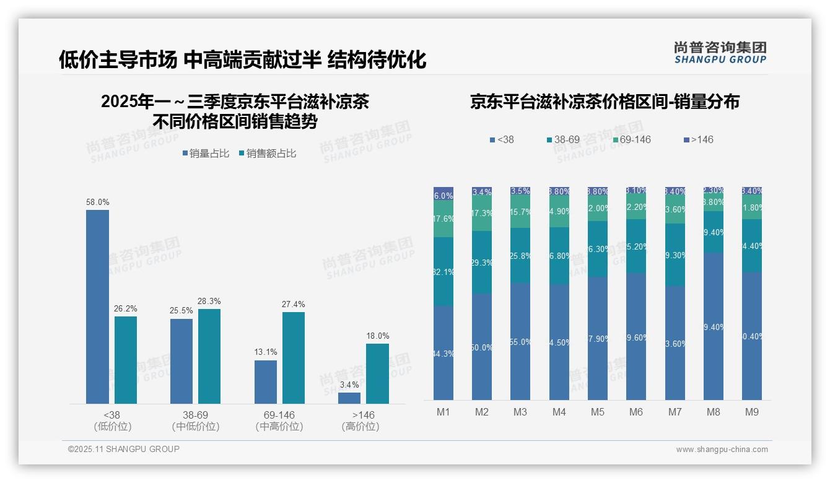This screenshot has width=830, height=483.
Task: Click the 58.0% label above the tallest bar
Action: coord(97,202)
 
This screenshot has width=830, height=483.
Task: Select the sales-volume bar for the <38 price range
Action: coord(97,307)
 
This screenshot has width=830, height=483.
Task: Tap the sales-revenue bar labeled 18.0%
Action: coord(377,373)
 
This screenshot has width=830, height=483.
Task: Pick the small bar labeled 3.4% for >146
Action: coord(349,398)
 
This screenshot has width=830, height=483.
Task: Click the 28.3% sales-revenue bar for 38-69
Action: coord(209,356)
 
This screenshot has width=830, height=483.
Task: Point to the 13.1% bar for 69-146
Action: coord(266,381)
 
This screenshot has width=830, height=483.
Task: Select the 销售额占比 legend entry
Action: coord(267,154)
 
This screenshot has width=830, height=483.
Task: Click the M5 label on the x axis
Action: coord(598,412)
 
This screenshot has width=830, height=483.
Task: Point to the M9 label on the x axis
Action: coord(751,412)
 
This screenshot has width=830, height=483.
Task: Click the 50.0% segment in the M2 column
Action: coord(482,347)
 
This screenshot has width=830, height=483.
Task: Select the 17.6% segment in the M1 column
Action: coord(443,219)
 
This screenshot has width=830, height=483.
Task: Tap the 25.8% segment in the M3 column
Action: coord(520,255)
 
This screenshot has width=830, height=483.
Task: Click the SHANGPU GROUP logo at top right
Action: coord(720,53)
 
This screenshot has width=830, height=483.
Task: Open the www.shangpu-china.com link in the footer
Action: coord(722,450)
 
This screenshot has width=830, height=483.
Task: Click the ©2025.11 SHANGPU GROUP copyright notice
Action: coord(124,449)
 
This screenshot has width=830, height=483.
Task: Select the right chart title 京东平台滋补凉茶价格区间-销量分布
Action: coord(605,102)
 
